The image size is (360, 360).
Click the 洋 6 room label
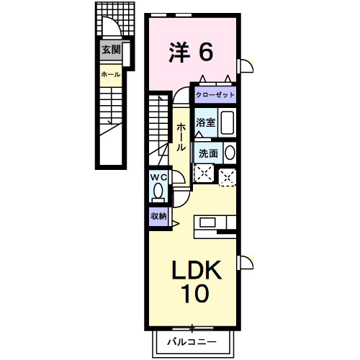pos(192,51)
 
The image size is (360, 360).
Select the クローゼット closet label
pos(214,95)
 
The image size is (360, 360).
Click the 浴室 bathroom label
pos(205,122)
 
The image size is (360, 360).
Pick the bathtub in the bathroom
pos(228,122)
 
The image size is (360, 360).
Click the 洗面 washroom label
pos(208,153)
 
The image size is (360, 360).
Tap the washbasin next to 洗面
pos(230,153)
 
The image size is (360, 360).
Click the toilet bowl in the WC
pos(158,192)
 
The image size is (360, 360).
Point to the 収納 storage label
pos(158,216)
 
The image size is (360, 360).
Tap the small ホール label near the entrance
pos(110,74)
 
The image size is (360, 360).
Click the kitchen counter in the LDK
pos(215,222)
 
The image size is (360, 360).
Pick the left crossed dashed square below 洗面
pos(204,173)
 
